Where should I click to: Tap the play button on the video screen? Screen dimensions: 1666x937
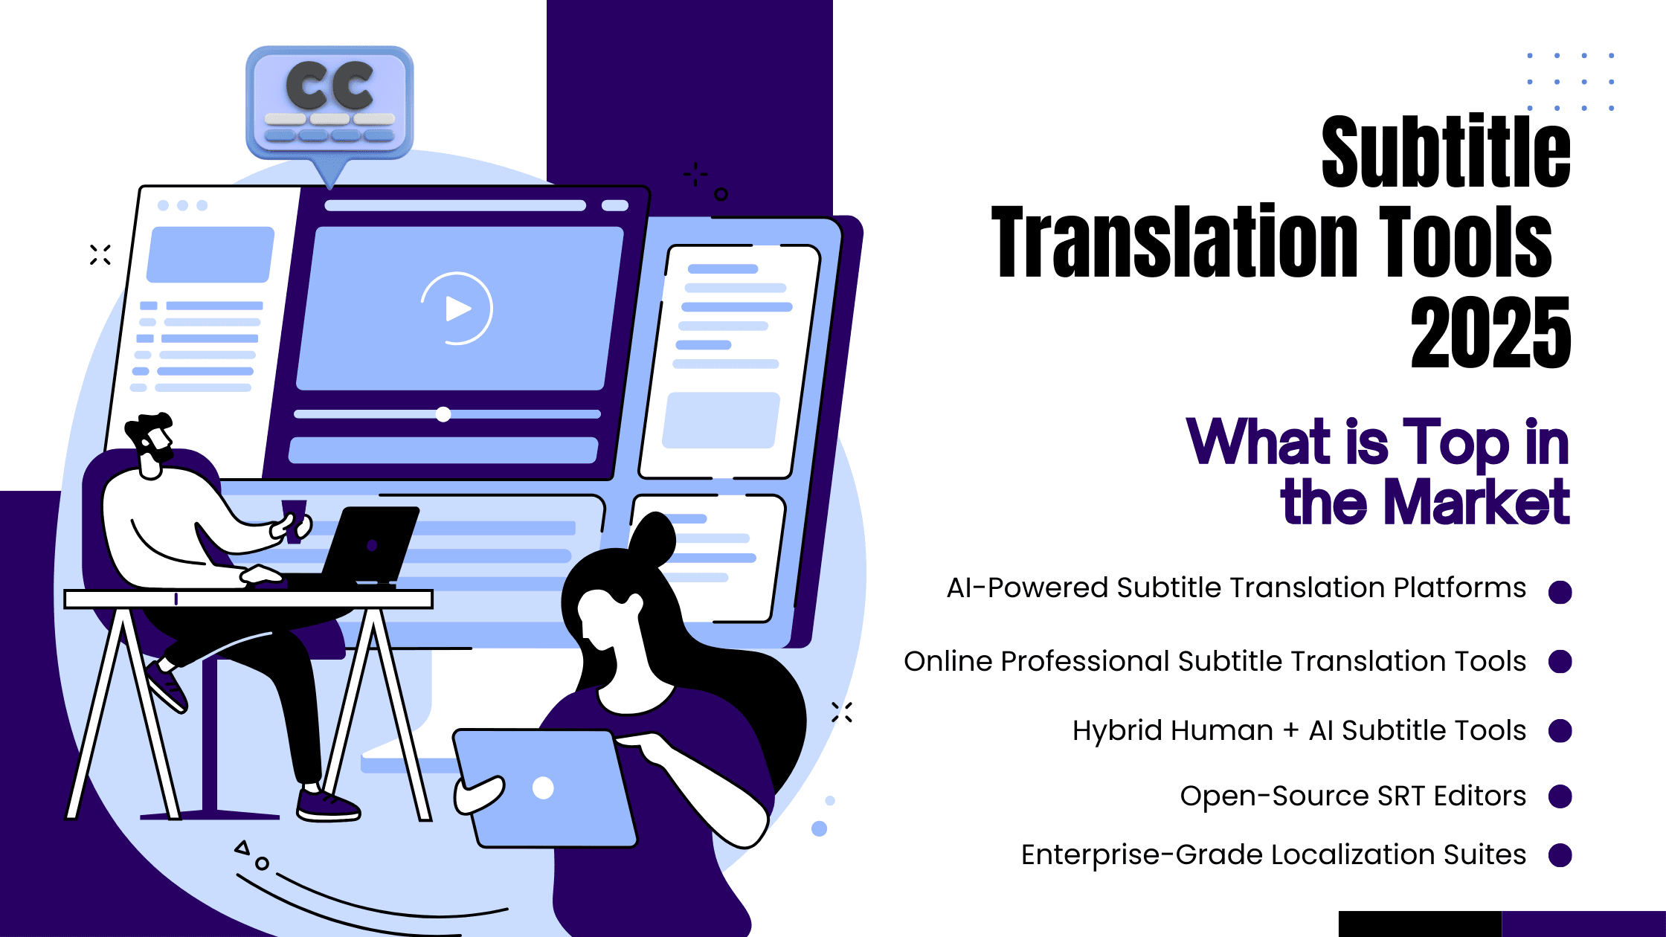pyautogui.click(x=457, y=309)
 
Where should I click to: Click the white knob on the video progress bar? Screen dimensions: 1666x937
pyautogui.click(x=443, y=414)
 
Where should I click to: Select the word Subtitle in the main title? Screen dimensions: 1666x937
pyautogui.click(x=1446, y=152)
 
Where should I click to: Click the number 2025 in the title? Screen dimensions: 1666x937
pyautogui.click(x=1490, y=332)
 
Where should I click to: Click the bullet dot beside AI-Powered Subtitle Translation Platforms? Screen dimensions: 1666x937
pyautogui.click(x=1560, y=592)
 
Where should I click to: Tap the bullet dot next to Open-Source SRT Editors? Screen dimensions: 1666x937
pyautogui.click(x=1560, y=796)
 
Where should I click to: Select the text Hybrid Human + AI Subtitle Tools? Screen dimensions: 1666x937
pyautogui.click(x=1299, y=730)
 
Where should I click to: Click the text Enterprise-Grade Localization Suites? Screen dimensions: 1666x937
pyautogui.click(x=1273, y=854)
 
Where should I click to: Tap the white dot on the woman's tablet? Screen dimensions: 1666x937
pyautogui.click(x=543, y=788)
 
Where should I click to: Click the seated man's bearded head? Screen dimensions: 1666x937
pyautogui.click(x=151, y=440)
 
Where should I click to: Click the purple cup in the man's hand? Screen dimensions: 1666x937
pyautogui.click(x=294, y=521)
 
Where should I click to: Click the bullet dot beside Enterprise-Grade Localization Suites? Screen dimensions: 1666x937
pyautogui.click(x=1560, y=855)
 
